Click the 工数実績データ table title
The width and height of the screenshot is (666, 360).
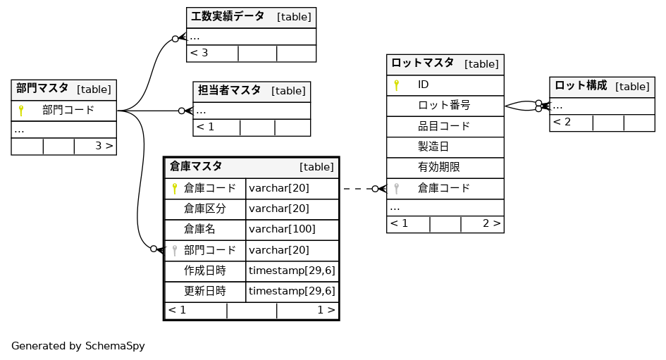tap(228, 16)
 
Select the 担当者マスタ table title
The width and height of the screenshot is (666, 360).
tap(229, 90)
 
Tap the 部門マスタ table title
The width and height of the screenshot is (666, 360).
tap(42, 89)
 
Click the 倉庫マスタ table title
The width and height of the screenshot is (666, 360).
tap(196, 166)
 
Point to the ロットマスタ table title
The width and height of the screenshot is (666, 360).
tap(422, 63)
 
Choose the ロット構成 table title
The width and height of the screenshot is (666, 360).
tap(581, 86)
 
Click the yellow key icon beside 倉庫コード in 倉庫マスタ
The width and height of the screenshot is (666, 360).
tap(174, 189)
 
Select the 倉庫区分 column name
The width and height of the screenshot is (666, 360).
tap(204, 209)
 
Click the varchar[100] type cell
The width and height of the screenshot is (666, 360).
tap(282, 230)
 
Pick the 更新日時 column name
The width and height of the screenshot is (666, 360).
tap(204, 291)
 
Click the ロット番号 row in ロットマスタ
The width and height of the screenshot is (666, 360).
tap(444, 106)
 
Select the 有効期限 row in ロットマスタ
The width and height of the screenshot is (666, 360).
tap(438, 168)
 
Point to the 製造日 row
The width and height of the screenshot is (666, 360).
tap(433, 147)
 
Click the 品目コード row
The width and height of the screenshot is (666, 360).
tap(444, 127)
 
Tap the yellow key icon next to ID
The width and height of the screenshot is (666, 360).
tap(396, 85)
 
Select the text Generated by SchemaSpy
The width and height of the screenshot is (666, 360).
tap(78, 346)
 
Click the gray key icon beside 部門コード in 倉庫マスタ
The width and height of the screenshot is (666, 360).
tap(174, 250)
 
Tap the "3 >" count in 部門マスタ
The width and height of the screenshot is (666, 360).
tap(104, 147)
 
